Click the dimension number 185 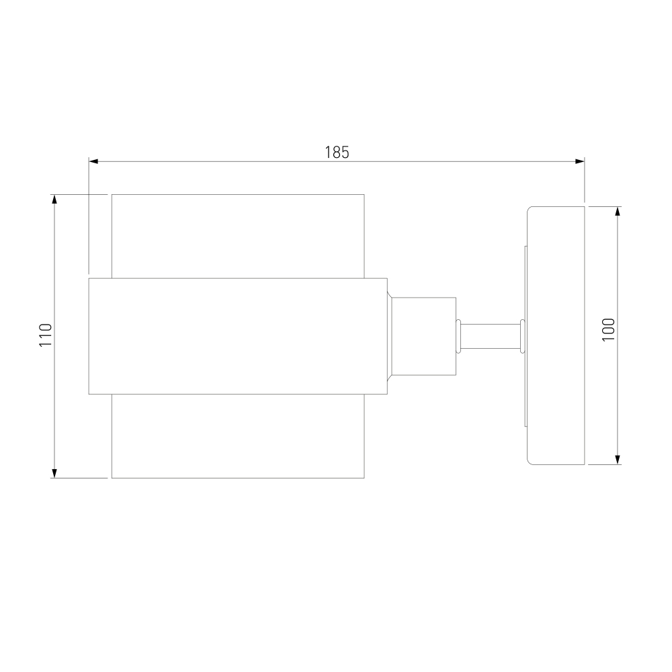[x=337, y=153]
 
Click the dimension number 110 [x=46, y=335]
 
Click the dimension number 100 [x=609, y=329]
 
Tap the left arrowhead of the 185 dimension [x=93, y=161]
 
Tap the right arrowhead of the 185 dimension [x=580, y=161]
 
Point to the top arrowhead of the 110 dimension [x=54, y=200]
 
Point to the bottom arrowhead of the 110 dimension [x=54, y=472]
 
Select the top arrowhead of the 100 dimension [x=618, y=211]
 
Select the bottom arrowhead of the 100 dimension [x=618, y=460]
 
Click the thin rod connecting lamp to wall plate [x=491, y=336]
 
